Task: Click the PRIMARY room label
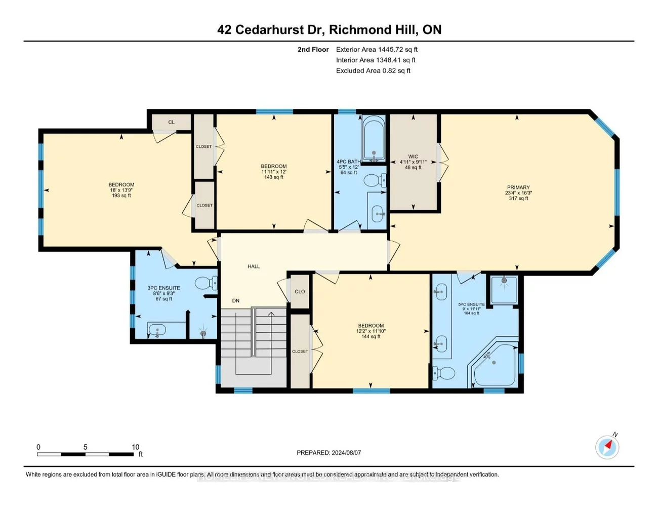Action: pyautogui.click(x=518, y=187)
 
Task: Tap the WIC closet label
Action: pyautogui.click(x=413, y=157)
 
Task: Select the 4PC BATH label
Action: pyautogui.click(x=349, y=162)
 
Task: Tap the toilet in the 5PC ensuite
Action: pyautogui.click(x=443, y=374)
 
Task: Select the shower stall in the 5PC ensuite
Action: pyautogui.click(x=504, y=290)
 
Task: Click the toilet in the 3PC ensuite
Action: pyautogui.click(x=207, y=283)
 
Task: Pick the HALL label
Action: pyautogui.click(x=254, y=266)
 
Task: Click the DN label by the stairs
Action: pyautogui.click(x=236, y=301)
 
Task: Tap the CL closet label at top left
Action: pyautogui.click(x=172, y=122)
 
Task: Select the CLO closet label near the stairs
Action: pyautogui.click(x=300, y=292)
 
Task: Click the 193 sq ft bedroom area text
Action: pyautogui.click(x=121, y=196)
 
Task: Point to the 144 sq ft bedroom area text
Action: pyautogui.click(x=371, y=336)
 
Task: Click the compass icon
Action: pyautogui.click(x=607, y=447)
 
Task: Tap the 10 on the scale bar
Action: pyautogui.click(x=136, y=447)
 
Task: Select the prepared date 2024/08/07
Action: pyautogui.click(x=346, y=453)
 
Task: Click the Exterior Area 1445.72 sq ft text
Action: pyautogui.click(x=377, y=50)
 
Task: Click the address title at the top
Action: pyautogui.click(x=329, y=30)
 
